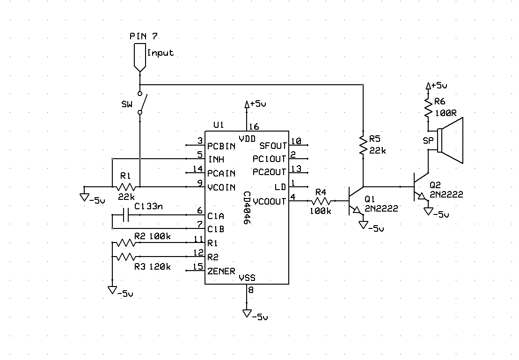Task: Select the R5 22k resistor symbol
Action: tap(363, 146)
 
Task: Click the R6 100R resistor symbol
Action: tap(427, 109)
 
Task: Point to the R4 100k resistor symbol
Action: tap(321, 201)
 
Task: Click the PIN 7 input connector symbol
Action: tap(139, 56)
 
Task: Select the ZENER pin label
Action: tap(221, 271)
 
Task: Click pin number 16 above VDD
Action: tap(254, 126)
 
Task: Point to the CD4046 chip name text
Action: tap(247, 208)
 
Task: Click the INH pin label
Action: tap(216, 160)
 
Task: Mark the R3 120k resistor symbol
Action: tap(126, 257)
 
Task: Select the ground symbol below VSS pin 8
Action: tap(247, 314)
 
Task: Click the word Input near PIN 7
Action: tap(160, 53)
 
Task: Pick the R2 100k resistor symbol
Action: tap(126, 243)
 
